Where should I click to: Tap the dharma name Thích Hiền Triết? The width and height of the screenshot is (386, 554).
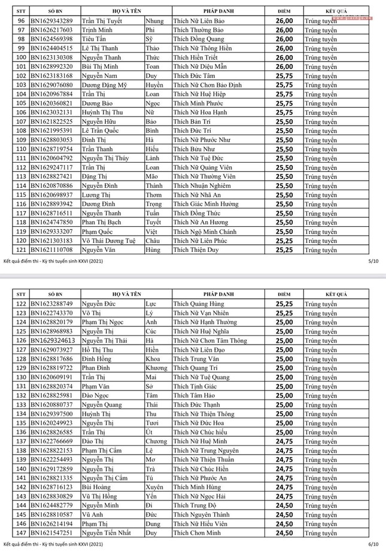click(x=196, y=57)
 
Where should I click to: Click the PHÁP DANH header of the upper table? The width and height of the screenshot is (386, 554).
click(x=218, y=11)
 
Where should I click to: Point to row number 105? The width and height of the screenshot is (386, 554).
click(x=21, y=103)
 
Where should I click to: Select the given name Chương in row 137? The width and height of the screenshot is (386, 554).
click(x=156, y=441)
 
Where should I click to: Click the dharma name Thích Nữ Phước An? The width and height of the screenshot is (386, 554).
click(x=200, y=478)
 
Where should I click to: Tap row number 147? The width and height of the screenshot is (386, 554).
click(x=21, y=532)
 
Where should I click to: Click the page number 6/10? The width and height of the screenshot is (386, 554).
click(x=374, y=544)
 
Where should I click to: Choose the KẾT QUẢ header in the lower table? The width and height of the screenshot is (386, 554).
click(x=336, y=294)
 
